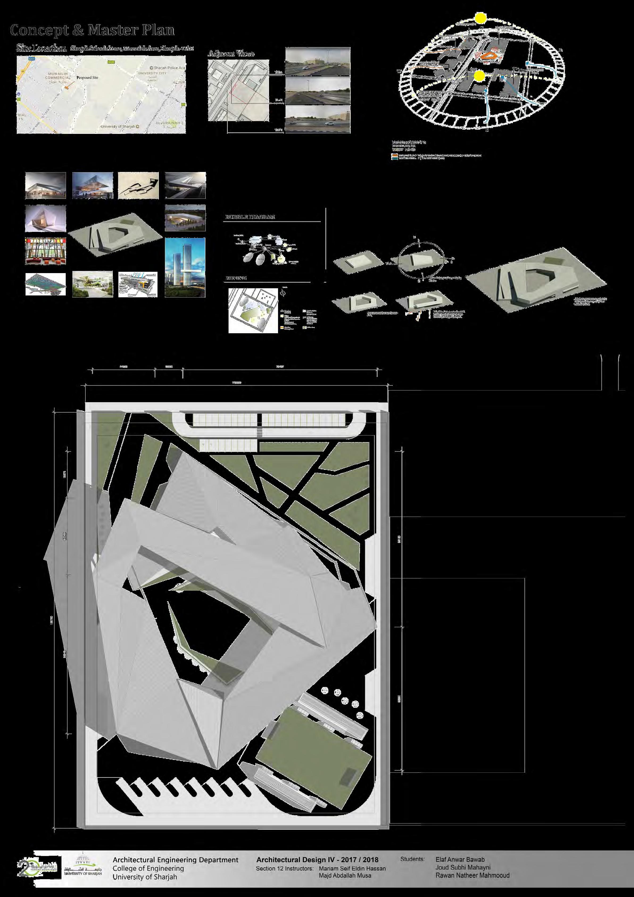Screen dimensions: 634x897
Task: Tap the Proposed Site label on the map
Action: coord(87,77)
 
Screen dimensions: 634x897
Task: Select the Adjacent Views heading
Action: coord(231,54)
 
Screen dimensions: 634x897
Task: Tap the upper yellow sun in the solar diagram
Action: coord(480,18)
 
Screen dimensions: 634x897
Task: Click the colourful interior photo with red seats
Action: coord(45,251)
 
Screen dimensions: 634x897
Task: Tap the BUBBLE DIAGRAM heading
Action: coord(250,217)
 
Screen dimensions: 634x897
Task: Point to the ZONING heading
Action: coord(236,278)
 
